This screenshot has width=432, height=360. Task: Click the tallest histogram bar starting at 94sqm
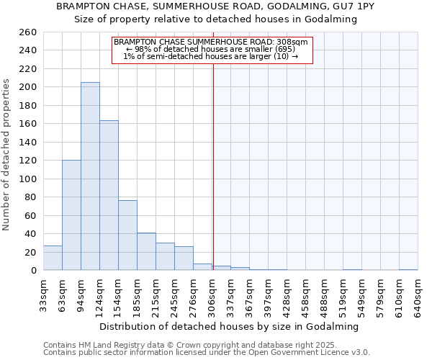[90, 176]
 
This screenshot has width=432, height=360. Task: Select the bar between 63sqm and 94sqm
[71, 215]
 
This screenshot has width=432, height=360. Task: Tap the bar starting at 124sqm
[109, 195]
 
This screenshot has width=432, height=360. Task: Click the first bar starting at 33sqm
[53, 258]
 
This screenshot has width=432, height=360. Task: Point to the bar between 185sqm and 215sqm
[146, 251]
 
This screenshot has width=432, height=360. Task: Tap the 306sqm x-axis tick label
[213, 294]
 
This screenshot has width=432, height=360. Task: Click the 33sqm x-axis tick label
[43, 294]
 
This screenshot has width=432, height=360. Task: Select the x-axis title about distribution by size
[229, 326]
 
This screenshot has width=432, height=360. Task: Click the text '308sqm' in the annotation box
[293, 42]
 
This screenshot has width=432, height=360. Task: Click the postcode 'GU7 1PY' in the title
[357, 6]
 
